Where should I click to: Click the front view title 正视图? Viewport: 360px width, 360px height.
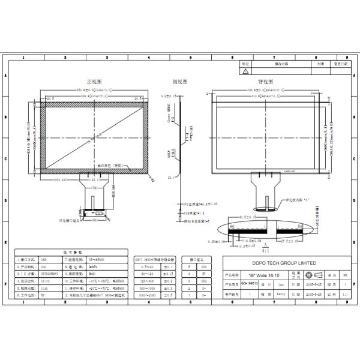pyautogui.click(x=95, y=80)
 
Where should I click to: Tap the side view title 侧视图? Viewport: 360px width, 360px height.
pyautogui.click(x=180, y=80)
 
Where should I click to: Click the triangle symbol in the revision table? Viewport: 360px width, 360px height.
pyautogui.click(x=245, y=70)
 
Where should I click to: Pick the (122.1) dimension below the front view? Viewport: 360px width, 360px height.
pyautogui.click(x=94, y=179)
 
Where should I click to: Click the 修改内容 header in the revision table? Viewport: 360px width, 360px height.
pyautogui.click(x=281, y=62)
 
